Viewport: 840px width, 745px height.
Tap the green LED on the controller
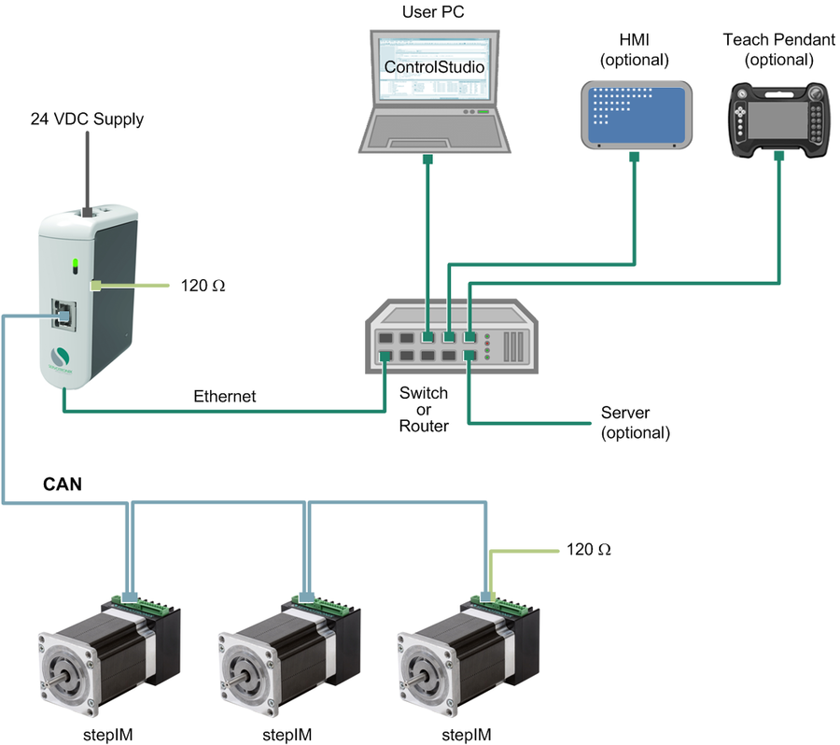[72, 265]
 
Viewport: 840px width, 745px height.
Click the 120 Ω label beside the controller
[203, 285]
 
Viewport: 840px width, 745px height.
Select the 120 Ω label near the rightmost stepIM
[588, 549]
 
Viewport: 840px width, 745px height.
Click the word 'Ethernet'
[223, 396]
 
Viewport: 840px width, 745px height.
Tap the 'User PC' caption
[432, 12]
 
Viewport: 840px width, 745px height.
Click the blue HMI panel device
[635, 113]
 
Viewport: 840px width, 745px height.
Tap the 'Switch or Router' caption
[423, 410]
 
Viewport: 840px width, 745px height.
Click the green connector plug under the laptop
[427, 161]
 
